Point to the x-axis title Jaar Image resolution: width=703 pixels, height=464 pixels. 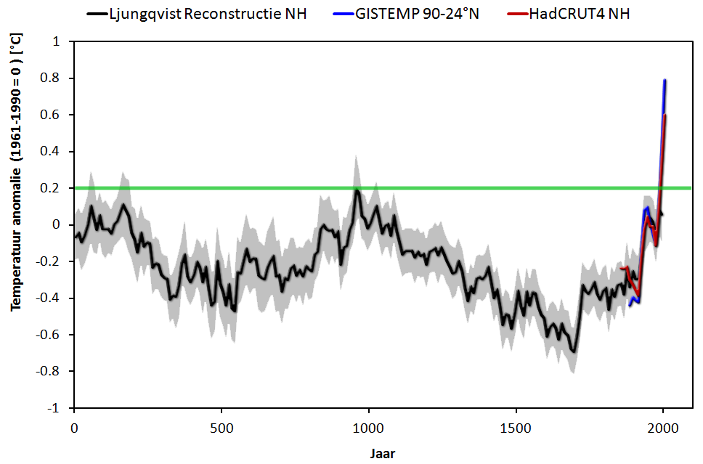pyautogui.click(x=382, y=454)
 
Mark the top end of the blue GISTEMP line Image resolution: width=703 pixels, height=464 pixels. pyautogui.click(x=665, y=80)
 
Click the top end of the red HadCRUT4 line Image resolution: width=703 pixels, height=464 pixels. pyautogui.click(x=665, y=115)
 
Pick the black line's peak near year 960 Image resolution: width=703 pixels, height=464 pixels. pyautogui.click(x=357, y=190)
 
